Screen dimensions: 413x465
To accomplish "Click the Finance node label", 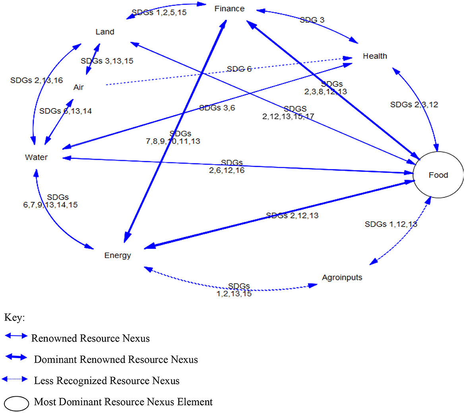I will click(x=229, y=8).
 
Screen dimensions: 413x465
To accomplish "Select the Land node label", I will click(x=105, y=32).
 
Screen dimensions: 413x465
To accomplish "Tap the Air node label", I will click(x=78, y=87).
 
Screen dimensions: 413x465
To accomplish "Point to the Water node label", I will click(x=36, y=157).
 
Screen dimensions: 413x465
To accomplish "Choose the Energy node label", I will click(x=118, y=255).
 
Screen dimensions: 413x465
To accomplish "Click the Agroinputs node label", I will click(x=342, y=277).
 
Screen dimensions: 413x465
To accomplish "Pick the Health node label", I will click(x=375, y=56).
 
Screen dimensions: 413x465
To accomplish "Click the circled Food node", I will click(x=438, y=175).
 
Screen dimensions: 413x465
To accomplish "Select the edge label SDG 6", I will click(x=239, y=69).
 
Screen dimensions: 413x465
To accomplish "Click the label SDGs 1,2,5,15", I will click(x=159, y=12).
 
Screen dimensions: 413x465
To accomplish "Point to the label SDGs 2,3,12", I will click(x=414, y=105).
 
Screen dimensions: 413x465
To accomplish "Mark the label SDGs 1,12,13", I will click(x=391, y=224).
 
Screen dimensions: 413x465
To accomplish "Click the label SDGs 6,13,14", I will click(x=66, y=111).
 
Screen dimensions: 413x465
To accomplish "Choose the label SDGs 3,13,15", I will click(x=107, y=61).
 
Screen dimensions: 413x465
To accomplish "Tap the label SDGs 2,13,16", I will click(x=37, y=80).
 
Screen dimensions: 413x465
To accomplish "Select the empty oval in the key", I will click(x=15, y=403).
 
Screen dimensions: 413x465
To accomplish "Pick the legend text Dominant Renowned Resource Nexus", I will click(x=116, y=360).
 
